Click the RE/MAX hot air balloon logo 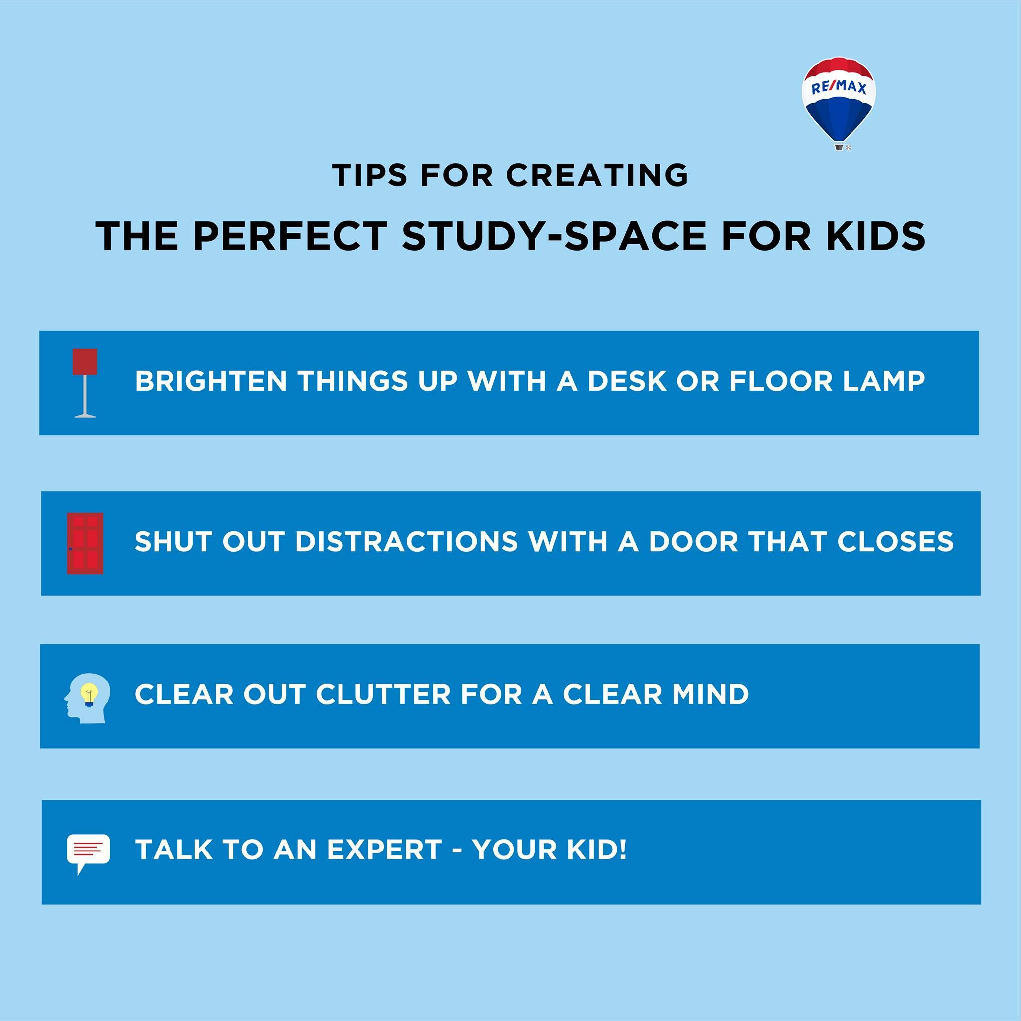pos(839,104)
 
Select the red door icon pos(85,543)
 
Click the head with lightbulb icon pos(87,698)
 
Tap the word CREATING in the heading pos(597,175)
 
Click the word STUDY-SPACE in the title pos(554,236)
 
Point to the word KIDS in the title pos(875,236)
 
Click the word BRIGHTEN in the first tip pos(211,381)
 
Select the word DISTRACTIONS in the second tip pos(406,542)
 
